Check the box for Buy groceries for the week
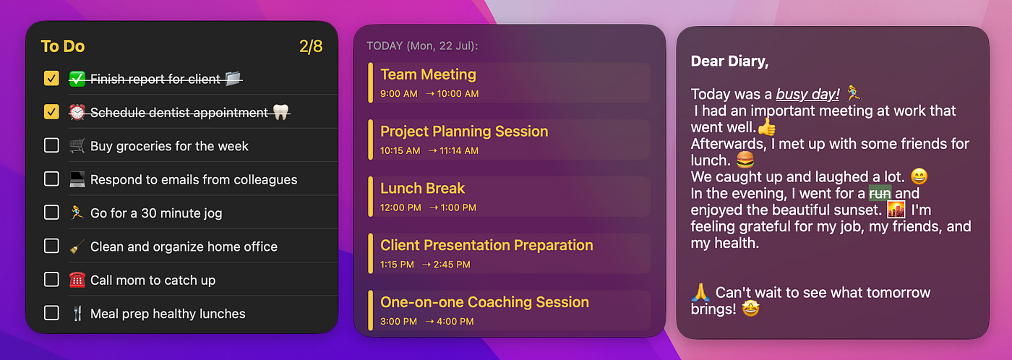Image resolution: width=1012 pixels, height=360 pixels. tap(51, 145)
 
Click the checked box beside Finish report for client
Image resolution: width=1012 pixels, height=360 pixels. tap(51, 78)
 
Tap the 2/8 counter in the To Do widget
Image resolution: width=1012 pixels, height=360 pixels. tap(311, 46)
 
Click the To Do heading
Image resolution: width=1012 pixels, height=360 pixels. tap(63, 46)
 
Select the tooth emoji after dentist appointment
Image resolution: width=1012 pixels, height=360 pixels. tap(281, 112)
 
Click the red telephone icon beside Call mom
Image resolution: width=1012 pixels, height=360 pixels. tap(77, 280)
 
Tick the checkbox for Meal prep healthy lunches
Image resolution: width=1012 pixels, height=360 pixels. tap(51, 312)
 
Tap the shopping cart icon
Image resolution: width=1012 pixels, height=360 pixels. tap(77, 145)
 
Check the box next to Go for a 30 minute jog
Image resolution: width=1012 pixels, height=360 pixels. tap(51, 213)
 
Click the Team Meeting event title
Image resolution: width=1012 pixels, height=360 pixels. tap(428, 74)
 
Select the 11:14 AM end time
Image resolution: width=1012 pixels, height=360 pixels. tap(459, 150)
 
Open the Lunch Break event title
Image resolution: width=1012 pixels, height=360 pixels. tap(422, 188)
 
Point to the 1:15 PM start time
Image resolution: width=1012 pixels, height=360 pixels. tap(397, 265)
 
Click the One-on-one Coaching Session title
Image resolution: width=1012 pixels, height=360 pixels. tap(485, 301)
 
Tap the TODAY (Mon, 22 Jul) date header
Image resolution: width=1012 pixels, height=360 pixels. tap(422, 46)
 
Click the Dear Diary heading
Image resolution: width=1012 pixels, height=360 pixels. tap(729, 61)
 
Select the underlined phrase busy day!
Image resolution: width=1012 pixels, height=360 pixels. tap(808, 94)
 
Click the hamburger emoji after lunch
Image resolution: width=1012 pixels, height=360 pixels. tap(745, 160)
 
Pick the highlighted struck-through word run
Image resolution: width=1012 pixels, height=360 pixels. tap(880, 193)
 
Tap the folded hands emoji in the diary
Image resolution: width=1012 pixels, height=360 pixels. tap(700, 292)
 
